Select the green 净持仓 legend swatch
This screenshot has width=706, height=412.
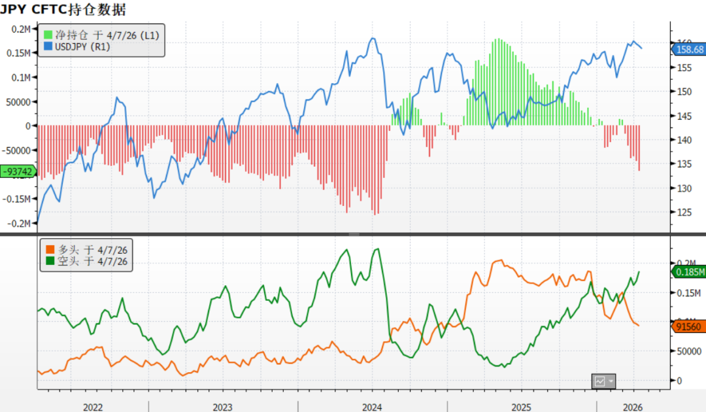coord(48,35)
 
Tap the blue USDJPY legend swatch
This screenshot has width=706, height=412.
coord(48,47)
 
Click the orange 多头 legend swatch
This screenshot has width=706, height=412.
coord(48,250)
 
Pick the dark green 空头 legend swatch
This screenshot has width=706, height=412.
coord(48,262)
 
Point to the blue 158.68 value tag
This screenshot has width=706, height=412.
coord(689,49)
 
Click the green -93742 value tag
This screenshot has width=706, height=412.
coord(18,172)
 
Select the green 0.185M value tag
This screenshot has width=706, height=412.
coord(689,272)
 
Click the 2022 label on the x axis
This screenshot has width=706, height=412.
coord(93,407)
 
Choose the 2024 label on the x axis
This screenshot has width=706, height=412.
coord(372,407)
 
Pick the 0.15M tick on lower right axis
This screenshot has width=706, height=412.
coord(689,292)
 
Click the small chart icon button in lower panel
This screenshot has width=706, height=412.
coord(599,381)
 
